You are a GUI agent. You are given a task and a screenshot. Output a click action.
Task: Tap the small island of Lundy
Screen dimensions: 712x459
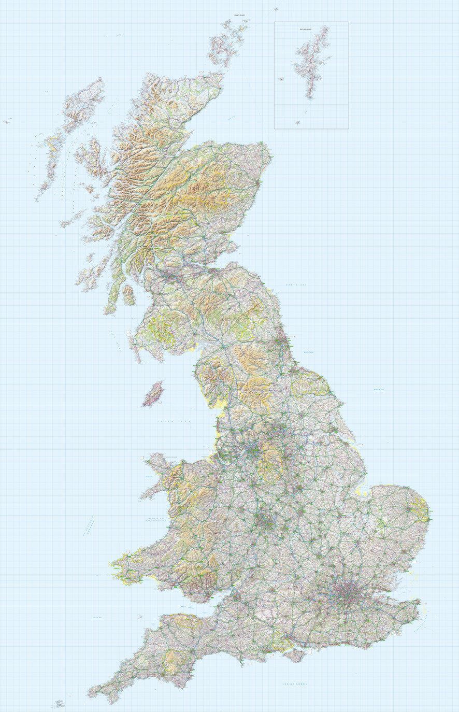[x=139, y=617]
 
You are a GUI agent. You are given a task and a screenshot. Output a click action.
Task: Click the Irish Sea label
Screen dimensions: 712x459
[x=174, y=422]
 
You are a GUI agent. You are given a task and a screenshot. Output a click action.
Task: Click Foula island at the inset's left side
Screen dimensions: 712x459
[x=281, y=79]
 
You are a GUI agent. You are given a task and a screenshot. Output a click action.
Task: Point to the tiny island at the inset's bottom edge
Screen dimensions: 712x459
[x=298, y=123]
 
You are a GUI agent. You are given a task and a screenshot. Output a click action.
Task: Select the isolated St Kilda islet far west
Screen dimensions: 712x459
[x=6, y=122]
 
